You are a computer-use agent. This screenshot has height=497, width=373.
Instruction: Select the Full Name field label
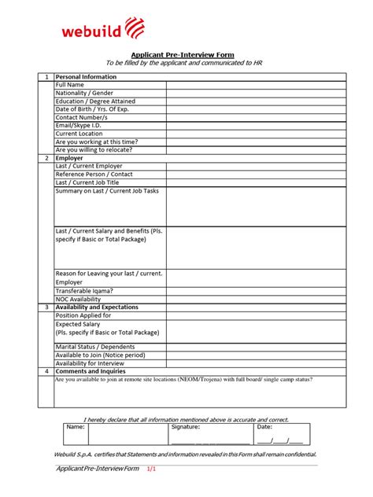70,85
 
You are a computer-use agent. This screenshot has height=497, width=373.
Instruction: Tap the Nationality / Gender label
90,93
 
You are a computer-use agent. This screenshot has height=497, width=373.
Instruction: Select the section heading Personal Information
86,77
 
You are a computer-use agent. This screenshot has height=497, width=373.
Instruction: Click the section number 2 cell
46,158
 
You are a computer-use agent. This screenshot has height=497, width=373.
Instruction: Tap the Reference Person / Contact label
94,174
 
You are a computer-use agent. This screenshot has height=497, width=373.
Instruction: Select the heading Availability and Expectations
97,307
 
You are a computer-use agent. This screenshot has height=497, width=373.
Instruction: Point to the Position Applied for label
83,315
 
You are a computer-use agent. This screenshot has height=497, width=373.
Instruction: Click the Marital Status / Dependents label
95,347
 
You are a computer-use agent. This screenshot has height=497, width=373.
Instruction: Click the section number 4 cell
46,371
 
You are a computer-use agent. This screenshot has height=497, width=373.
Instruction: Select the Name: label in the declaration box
75,427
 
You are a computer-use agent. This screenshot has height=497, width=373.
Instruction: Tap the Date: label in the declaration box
264,427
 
